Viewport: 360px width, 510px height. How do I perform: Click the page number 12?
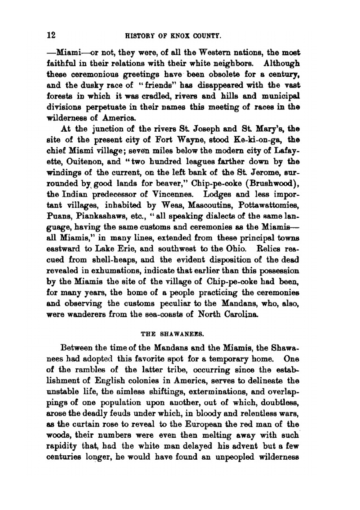click(x=51, y=35)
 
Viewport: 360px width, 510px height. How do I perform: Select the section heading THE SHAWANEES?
click(x=173, y=333)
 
